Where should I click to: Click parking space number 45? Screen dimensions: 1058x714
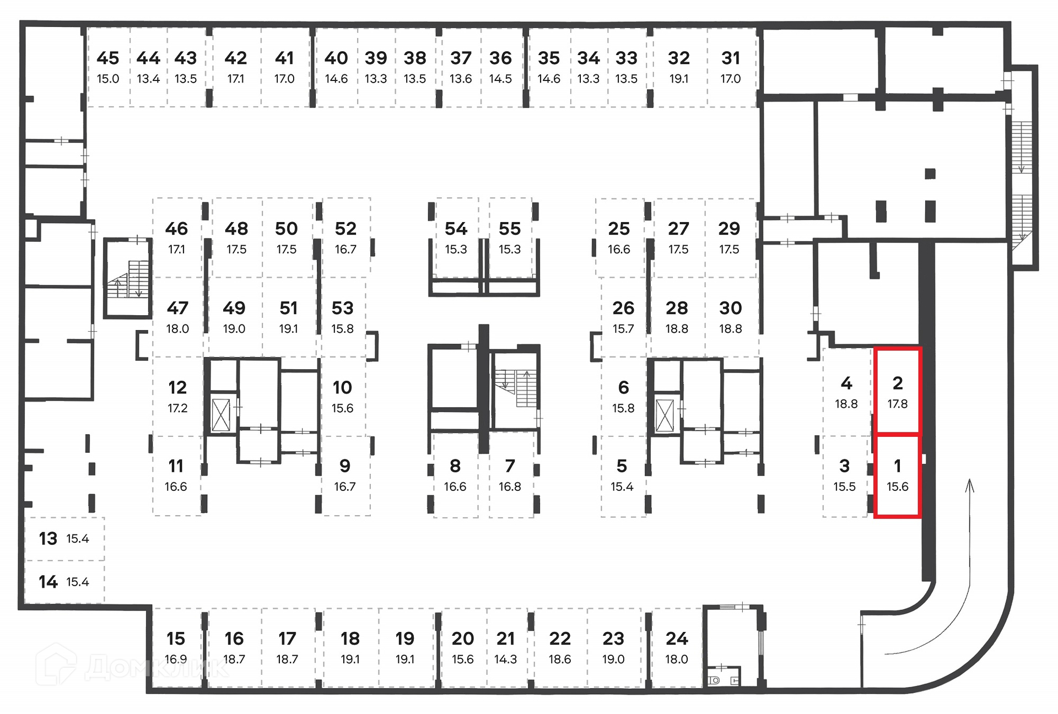coord(108,67)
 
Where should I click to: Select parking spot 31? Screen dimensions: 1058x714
coord(731,67)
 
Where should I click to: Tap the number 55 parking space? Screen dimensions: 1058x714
coord(510,237)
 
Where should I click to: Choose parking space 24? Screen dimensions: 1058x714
coord(677,647)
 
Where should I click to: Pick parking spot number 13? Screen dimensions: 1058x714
coord(64,538)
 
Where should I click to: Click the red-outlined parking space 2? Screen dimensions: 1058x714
coord(898,391)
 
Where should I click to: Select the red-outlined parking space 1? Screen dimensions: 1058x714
coord(898,475)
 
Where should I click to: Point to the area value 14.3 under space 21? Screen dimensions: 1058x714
coord(505,659)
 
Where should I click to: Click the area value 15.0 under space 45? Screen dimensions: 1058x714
coord(108,79)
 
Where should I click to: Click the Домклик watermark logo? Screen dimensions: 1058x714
coord(132,666)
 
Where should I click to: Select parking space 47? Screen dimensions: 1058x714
coord(177,317)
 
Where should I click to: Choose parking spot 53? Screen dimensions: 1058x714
coord(342,317)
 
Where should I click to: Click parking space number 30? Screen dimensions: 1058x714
coord(731,317)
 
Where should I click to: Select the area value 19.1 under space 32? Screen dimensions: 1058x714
coord(679,79)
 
